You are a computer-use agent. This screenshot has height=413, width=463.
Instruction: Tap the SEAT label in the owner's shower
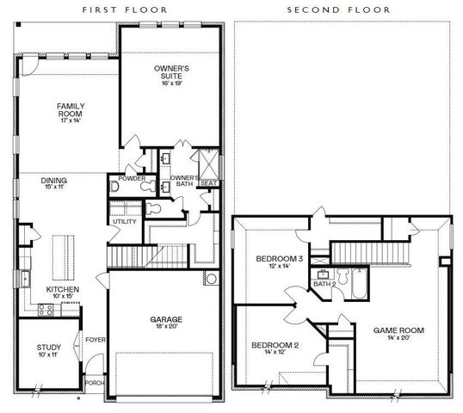(x=208, y=182)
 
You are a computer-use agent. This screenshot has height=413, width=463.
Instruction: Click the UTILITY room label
(x=124, y=222)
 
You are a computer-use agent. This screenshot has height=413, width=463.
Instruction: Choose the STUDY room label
(x=49, y=348)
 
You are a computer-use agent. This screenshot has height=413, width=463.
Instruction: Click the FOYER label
(x=95, y=339)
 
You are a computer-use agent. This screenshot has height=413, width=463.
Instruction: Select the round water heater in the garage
(x=211, y=279)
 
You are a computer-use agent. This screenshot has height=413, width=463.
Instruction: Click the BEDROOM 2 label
(x=275, y=345)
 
